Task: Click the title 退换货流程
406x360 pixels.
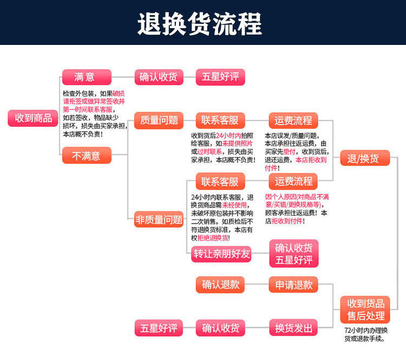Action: pos(199,24)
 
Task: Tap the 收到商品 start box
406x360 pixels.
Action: pos(33,118)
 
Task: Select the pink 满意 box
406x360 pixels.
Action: pos(87,77)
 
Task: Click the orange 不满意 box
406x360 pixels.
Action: pos(87,155)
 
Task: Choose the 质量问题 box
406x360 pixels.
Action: pos(159,120)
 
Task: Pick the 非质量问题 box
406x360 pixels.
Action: pos(159,219)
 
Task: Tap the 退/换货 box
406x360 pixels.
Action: pos(365,158)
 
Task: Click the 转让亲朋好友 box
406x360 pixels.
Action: pos(221,254)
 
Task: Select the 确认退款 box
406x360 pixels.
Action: pos(220,285)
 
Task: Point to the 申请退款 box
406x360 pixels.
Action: pos(293,285)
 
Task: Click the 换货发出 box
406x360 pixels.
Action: pos(293,328)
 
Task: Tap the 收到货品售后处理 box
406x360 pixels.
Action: pos(365,310)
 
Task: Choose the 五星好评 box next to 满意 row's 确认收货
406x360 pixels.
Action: pos(220,77)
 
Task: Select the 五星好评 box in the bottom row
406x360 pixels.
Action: pos(159,328)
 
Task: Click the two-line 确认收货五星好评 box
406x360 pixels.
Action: pos(293,253)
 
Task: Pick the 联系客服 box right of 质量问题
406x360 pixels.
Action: pos(220,120)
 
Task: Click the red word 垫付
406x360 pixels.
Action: pos(289,152)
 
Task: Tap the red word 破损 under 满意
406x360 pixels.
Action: pos(119,94)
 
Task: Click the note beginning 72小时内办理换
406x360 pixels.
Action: pos(365,335)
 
